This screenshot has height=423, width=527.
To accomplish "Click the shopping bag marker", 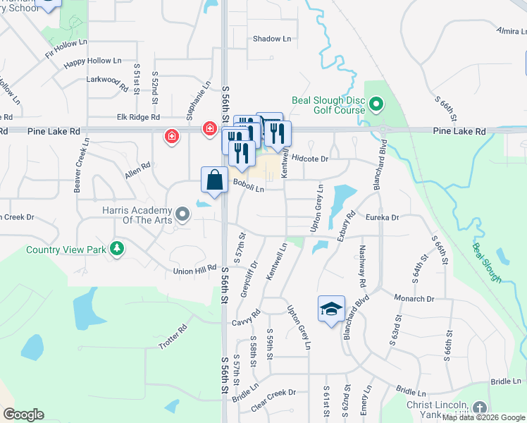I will (x=214, y=178).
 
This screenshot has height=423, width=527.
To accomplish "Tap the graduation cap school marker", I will (x=331, y=309).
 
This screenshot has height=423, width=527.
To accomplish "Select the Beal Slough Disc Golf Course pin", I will (x=376, y=106).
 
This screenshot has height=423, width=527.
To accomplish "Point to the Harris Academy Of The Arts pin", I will (x=183, y=212).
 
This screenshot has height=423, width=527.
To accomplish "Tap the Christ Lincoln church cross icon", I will (x=479, y=408).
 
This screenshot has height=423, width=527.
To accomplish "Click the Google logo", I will (x=23, y=415).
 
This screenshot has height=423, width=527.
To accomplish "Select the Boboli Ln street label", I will (x=249, y=188).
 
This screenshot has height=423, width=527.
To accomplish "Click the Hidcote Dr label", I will (x=310, y=159).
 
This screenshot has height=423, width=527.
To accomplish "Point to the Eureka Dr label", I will (x=382, y=218).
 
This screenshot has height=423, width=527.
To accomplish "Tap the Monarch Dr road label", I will (x=414, y=299).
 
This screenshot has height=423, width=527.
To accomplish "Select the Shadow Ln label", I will (x=271, y=39).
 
